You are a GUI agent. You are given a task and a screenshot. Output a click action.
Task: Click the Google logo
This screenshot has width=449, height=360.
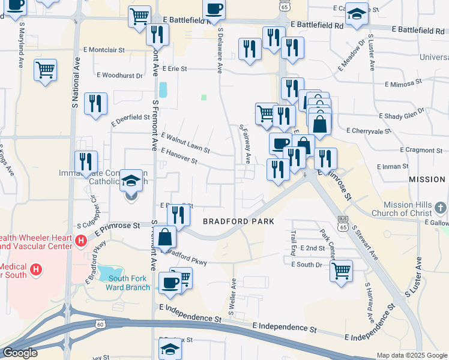20,353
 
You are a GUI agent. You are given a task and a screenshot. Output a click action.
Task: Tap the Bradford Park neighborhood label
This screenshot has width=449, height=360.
238,221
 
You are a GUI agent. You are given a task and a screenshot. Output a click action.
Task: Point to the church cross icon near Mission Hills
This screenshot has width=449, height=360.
441,208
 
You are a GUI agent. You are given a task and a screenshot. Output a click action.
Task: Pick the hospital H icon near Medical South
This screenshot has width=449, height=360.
36,268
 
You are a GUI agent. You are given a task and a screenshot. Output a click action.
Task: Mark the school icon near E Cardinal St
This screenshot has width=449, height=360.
357,14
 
